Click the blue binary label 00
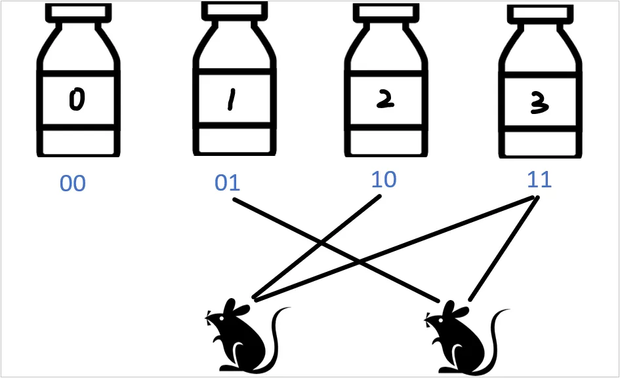pos(72,184)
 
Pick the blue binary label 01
pos(228,183)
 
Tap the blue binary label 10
pos(383,180)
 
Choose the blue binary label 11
pos(539,179)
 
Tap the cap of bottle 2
pos(384,12)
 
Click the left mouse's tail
pos(279,328)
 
